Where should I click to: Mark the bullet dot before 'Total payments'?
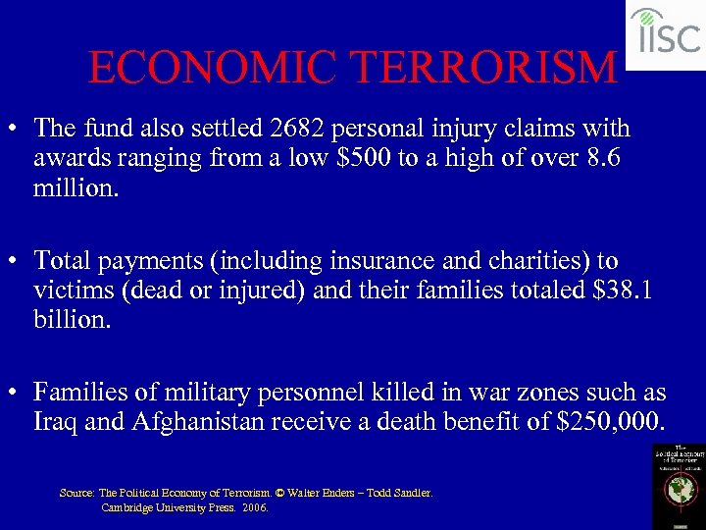click(x=15, y=262)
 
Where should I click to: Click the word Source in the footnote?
click(x=76, y=493)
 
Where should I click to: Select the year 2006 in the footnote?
click(x=254, y=507)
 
